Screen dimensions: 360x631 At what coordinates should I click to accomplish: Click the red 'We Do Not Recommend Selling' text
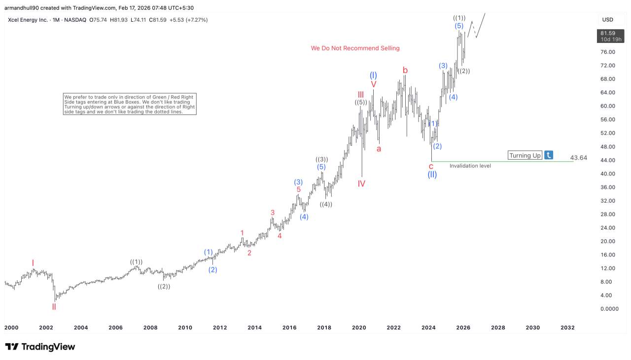click(355, 48)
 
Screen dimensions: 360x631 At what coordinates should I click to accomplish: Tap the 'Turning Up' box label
click(525, 155)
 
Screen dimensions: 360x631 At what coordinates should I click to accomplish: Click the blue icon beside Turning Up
click(549, 155)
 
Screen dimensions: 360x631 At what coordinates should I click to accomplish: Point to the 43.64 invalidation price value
click(578, 158)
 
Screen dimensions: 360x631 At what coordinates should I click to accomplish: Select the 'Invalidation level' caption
click(470, 166)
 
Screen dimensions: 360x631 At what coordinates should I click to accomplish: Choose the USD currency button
click(607, 20)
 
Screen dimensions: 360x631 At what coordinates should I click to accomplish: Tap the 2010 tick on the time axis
click(185, 327)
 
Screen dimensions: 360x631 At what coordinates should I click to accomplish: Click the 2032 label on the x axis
click(567, 327)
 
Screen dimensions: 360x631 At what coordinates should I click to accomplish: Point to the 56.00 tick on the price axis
click(607, 119)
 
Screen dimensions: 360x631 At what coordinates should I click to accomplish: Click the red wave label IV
click(361, 184)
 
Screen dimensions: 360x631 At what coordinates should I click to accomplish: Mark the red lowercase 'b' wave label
click(405, 71)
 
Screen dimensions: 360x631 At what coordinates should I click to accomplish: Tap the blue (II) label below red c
click(432, 175)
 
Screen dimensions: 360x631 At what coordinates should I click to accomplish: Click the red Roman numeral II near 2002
click(54, 307)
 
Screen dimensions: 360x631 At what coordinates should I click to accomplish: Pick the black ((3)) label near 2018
click(321, 159)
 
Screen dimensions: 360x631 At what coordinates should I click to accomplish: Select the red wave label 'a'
click(379, 148)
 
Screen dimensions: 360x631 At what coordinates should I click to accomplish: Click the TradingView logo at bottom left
click(40, 347)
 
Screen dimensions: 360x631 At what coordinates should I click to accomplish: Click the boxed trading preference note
click(130, 104)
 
